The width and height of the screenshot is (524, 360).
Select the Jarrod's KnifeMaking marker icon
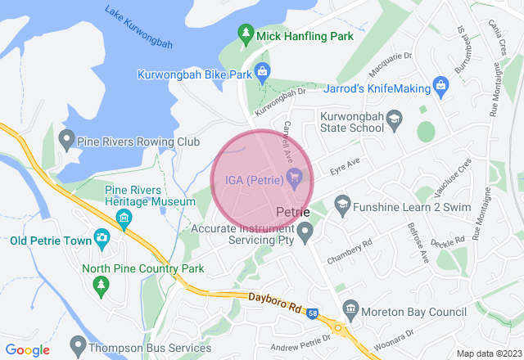441,84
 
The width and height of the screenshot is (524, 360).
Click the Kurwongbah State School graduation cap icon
394,119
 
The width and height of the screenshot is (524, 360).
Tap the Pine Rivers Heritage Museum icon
124,218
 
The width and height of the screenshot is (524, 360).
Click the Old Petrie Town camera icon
102,238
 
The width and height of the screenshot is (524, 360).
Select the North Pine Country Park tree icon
102,284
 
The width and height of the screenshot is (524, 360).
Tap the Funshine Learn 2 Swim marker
342,202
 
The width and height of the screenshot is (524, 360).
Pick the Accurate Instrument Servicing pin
305,235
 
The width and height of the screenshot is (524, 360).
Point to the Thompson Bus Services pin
79,344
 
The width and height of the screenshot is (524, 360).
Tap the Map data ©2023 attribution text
487,353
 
